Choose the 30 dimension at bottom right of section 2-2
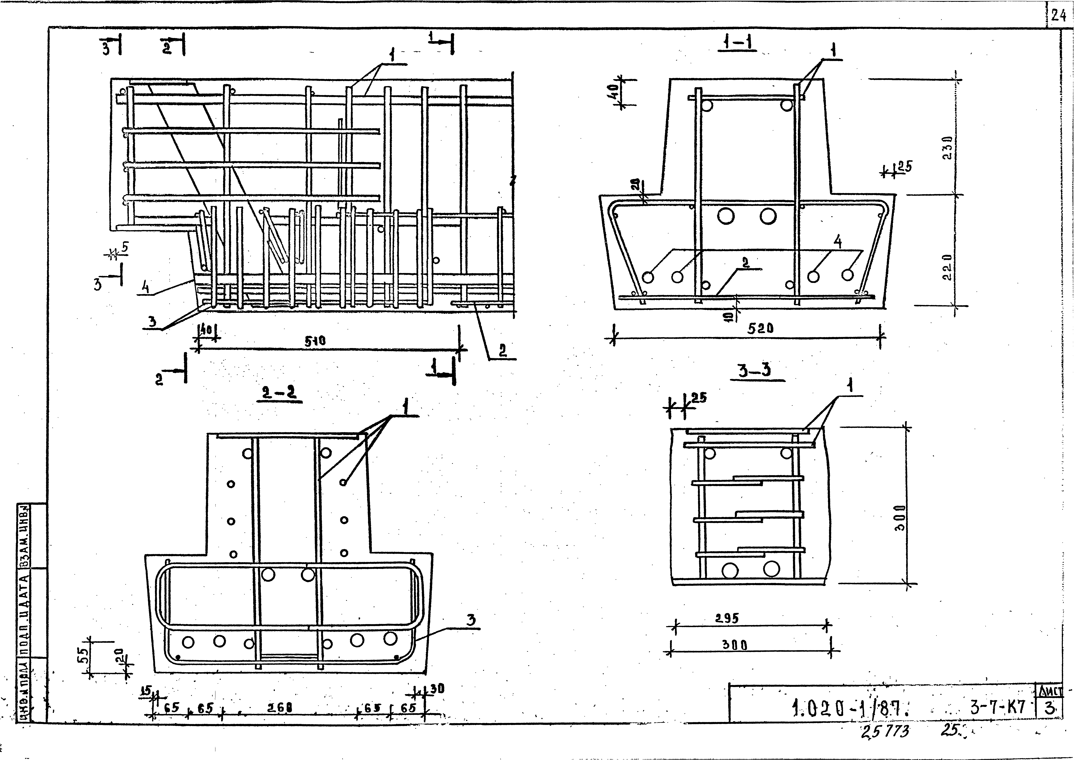[x=438, y=689]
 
